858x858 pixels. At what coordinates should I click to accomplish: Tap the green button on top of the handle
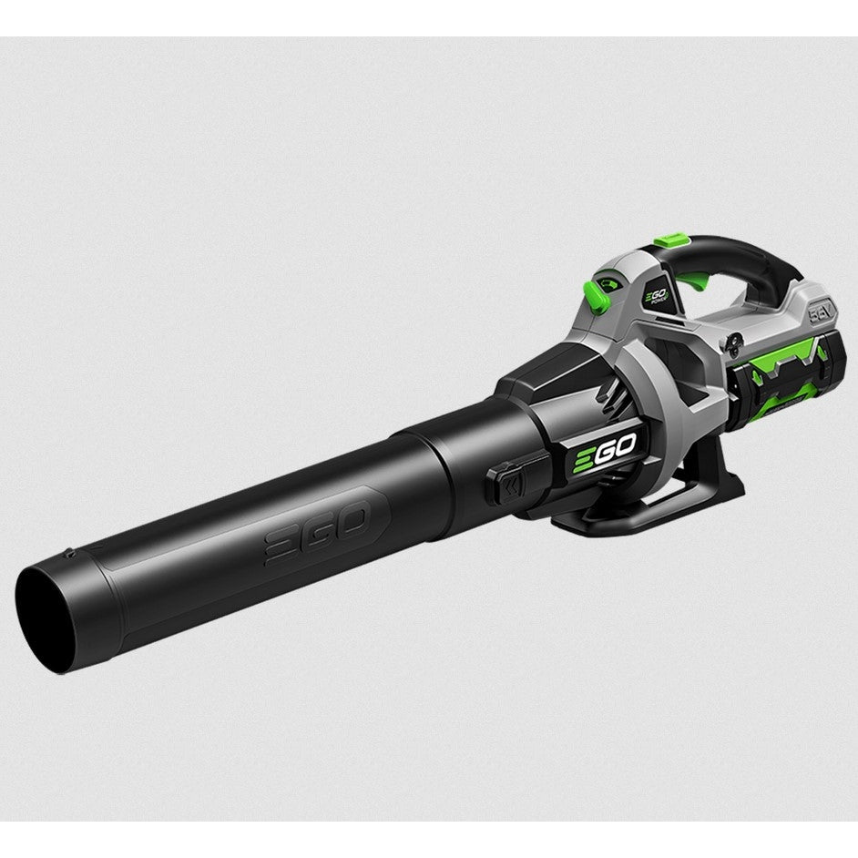[671, 240]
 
